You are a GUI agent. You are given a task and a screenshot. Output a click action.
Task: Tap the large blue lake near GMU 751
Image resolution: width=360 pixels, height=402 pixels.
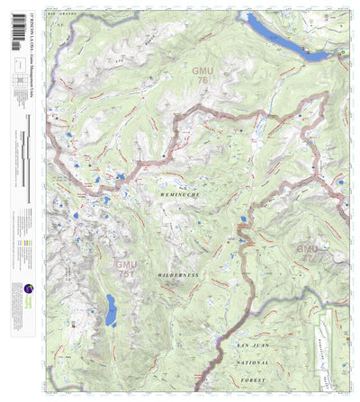coord(110,310)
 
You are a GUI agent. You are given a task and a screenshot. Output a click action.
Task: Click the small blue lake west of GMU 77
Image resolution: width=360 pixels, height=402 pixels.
coord(243,219)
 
